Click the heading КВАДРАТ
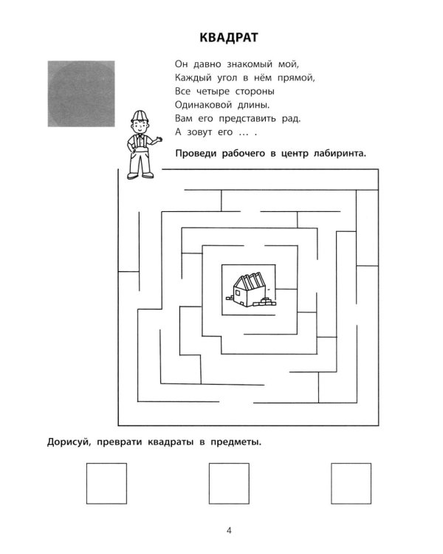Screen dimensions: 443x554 point(229,38)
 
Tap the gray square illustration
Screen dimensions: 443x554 point(81,94)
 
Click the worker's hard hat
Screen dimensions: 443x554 point(139,116)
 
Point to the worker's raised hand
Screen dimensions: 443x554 point(158,140)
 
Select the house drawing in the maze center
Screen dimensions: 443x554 point(251,290)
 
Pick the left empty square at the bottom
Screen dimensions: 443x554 point(106,483)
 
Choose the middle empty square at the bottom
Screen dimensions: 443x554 point(229,483)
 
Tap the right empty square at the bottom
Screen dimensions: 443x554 point(351,483)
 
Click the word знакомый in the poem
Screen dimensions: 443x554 point(250,64)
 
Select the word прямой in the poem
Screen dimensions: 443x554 point(296,78)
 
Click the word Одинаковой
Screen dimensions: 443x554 point(204,105)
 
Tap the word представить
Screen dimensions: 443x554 point(247,119)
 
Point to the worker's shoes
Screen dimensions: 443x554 point(140,175)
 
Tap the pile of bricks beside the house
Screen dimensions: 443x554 point(267,302)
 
